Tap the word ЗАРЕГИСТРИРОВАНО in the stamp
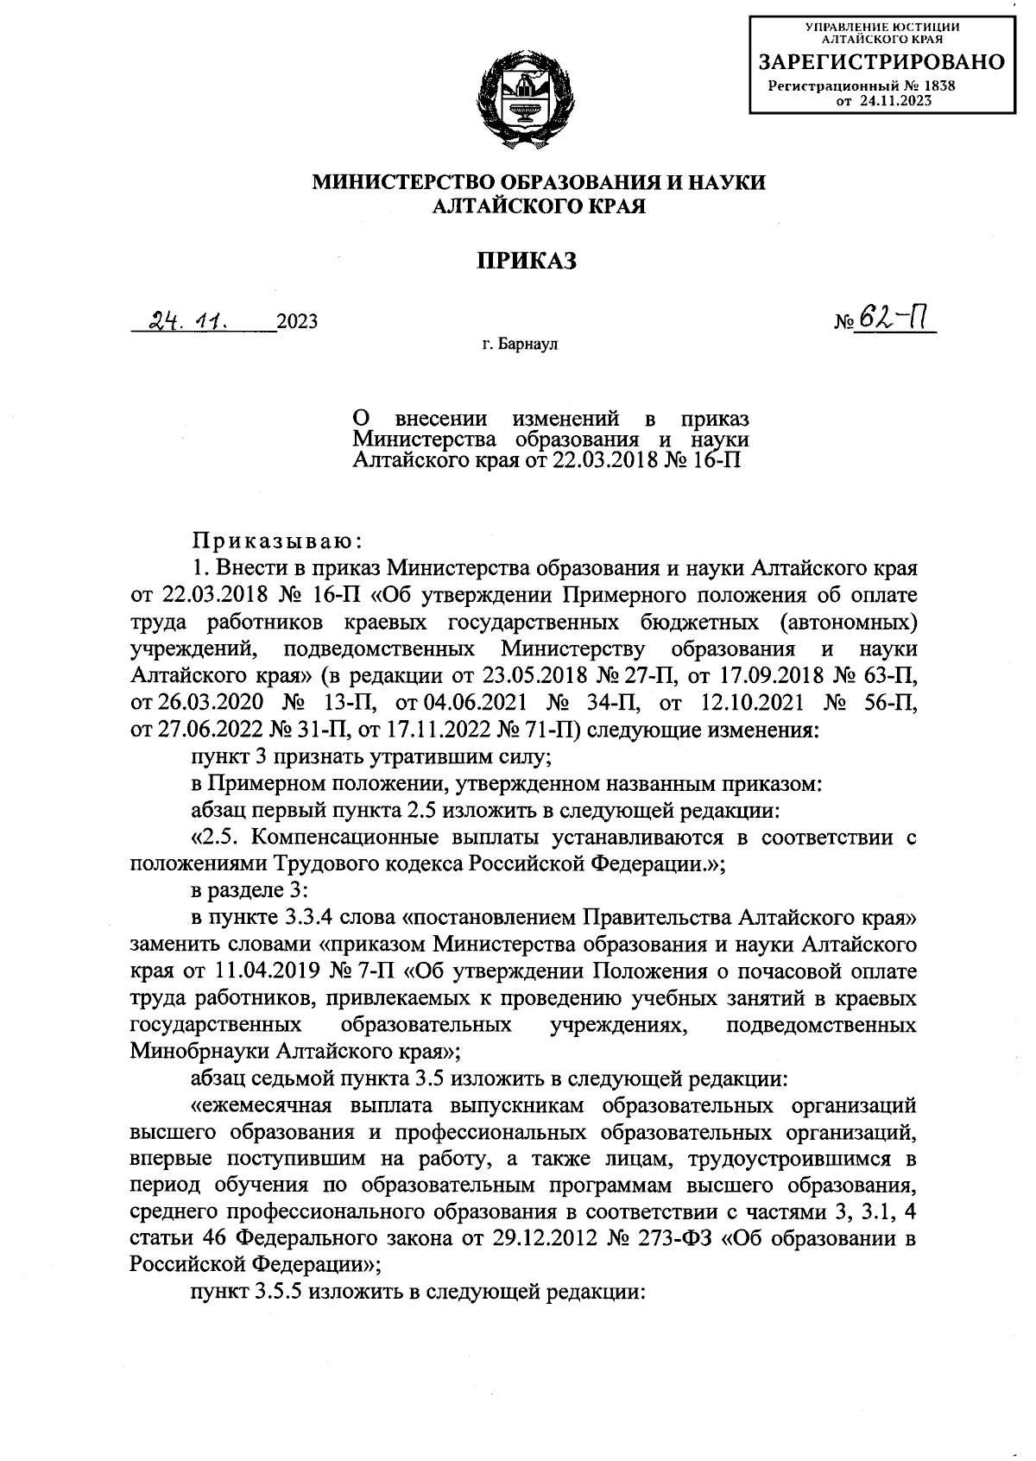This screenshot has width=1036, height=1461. tap(881, 61)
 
